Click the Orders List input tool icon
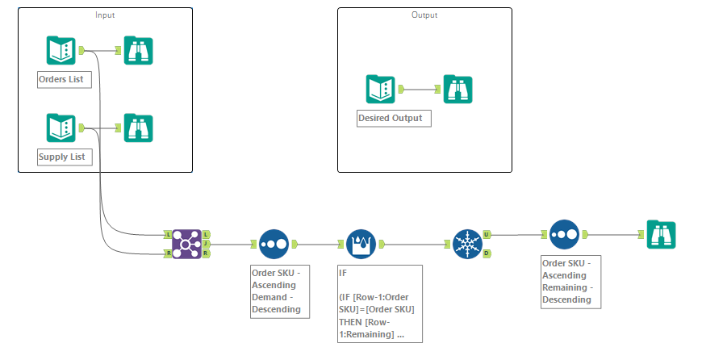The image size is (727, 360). click(61, 52)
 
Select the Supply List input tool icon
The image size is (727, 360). click(61, 128)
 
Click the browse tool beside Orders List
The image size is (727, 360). click(138, 52)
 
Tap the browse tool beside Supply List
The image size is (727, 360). click(138, 128)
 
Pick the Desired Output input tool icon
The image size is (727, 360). click(379, 90)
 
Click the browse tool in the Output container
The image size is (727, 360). click(458, 90)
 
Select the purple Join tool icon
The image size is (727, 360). click(186, 244)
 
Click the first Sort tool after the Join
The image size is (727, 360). click(274, 244)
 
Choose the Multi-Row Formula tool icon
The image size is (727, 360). click(361, 244)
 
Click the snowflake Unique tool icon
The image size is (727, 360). click(466, 244)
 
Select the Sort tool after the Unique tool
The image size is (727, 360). click(564, 235)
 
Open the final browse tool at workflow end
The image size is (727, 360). click(661, 235)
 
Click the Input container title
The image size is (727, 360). click(105, 15)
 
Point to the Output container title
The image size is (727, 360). click(424, 15)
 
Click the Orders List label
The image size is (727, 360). click(65, 79)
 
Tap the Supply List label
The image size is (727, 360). click(65, 157)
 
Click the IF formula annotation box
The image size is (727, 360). click(379, 303)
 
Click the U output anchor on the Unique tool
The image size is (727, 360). click(487, 235)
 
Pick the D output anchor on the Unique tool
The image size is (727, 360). click(487, 253)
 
